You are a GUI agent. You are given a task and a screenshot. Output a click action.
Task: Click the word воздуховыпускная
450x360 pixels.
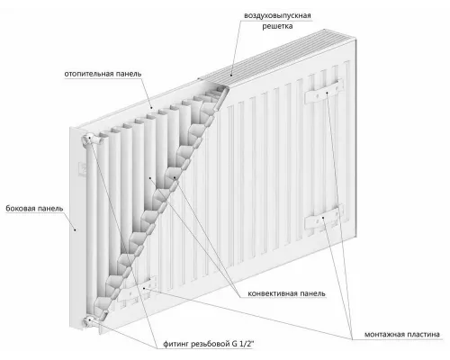(x=277, y=15)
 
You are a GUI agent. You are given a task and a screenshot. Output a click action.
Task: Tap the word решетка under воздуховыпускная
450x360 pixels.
(x=277, y=26)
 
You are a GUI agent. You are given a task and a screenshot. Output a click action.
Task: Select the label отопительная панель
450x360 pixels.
(x=103, y=74)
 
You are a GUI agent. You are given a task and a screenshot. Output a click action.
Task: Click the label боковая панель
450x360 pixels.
(x=34, y=208)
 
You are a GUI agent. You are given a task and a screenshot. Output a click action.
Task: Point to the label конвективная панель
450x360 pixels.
(x=286, y=293)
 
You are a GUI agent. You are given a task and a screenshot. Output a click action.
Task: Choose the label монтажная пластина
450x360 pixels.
(x=402, y=334)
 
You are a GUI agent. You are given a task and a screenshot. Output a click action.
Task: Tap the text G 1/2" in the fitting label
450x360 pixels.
(x=243, y=344)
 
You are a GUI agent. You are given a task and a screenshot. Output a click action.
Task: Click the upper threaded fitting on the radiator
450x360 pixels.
(x=89, y=139)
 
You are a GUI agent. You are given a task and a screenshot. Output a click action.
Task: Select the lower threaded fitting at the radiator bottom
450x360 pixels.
(x=89, y=321)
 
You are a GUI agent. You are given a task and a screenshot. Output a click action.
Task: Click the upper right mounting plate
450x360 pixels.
(x=324, y=92)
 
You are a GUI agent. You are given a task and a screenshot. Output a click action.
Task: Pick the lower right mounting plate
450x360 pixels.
(x=324, y=218)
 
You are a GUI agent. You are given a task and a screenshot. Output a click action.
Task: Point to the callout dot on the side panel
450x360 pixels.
(x=76, y=229)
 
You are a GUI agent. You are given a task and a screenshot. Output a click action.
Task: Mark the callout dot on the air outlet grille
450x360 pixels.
(x=231, y=75)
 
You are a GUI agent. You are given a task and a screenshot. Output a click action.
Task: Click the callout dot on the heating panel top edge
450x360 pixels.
(x=151, y=108)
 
